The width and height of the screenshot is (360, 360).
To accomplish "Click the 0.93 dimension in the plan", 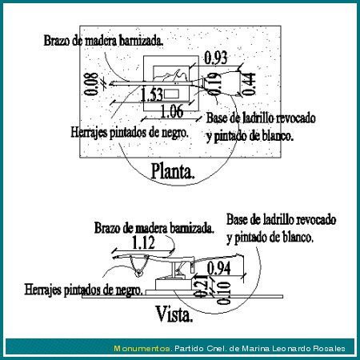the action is point(216,58).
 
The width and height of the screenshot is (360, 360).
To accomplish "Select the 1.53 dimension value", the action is point(151,94).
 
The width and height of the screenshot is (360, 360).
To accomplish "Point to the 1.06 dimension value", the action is point(172,111).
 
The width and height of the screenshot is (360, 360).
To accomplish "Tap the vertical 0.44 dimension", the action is point(248,84).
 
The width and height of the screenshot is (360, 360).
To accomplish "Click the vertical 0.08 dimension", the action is point(91,84).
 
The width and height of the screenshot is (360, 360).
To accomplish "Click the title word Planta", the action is point(173,171).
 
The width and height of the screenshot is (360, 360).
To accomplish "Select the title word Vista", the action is point(174,314).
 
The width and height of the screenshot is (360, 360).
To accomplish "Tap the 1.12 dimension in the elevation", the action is point(143,242).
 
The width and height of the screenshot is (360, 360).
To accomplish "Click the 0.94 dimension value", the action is point(218,268).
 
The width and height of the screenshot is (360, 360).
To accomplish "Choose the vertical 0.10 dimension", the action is point(223,293).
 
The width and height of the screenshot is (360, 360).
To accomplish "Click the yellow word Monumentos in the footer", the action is point(142,348).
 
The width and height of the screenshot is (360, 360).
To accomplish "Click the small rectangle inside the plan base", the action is point(171,94).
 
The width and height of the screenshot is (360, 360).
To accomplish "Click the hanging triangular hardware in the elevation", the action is point(139,266).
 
